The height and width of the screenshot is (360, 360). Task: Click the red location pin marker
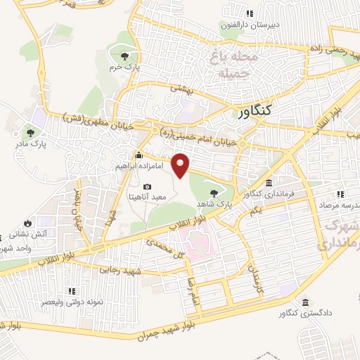tap(181, 164)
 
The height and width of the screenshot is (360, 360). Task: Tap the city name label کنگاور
tap(250, 111)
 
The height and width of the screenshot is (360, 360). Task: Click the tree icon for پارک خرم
tap(124, 56)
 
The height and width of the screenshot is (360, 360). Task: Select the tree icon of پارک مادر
tap(30, 131)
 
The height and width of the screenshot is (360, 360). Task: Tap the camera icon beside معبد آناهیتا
tap(146, 186)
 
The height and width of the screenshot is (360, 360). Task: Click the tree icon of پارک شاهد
tap(214, 192)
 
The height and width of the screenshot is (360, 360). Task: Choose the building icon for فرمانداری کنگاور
tap(269, 182)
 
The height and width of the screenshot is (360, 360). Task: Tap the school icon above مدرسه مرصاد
tap(340, 194)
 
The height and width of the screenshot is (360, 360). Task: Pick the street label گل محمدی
tap(164, 246)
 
